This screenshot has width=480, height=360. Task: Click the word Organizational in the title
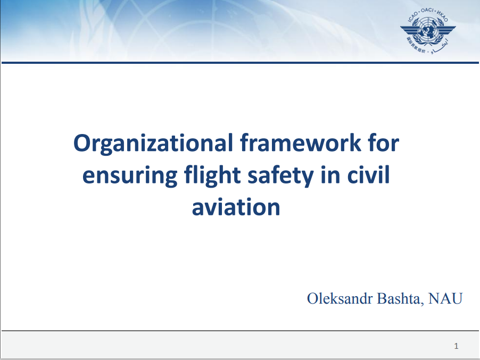click(x=153, y=143)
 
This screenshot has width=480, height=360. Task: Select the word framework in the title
click(x=300, y=143)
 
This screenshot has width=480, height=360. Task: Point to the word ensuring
click(x=130, y=176)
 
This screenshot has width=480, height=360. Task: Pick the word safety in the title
click(x=280, y=175)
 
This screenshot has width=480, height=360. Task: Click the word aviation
click(x=236, y=207)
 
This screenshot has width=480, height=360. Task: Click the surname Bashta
click(x=400, y=298)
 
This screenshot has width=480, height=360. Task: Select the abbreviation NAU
click(x=445, y=298)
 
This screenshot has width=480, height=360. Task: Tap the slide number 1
click(x=456, y=346)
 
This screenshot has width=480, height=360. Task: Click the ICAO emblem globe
click(x=428, y=29)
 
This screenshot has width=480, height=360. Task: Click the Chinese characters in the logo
click(x=416, y=45)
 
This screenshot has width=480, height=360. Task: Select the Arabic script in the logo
click(x=440, y=46)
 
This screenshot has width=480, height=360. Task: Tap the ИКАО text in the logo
click(x=442, y=16)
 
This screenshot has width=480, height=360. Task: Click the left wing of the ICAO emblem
click(x=410, y=30)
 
